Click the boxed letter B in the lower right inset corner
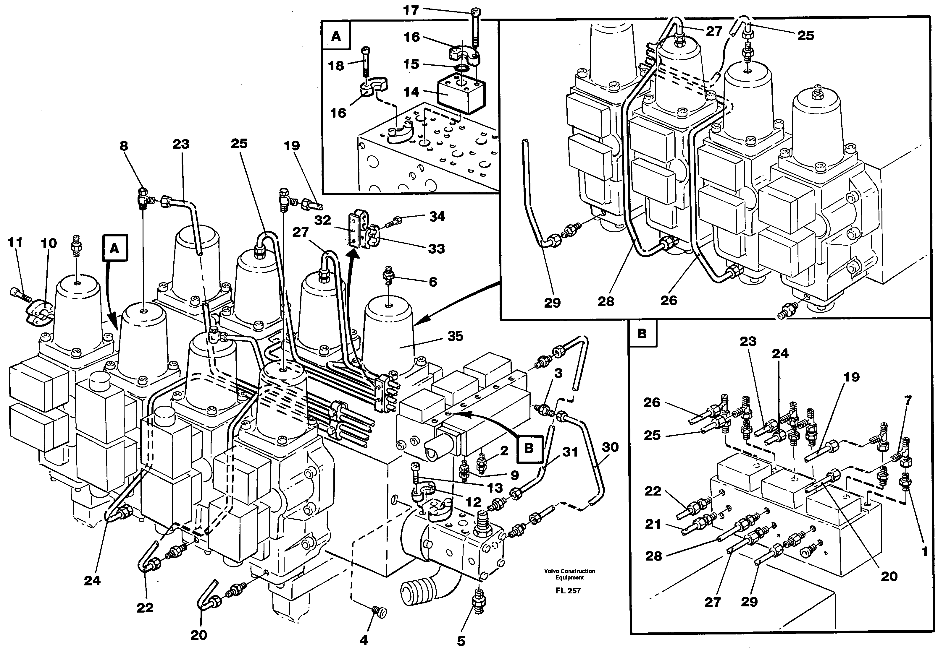(642, 333)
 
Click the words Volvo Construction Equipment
(569, 574)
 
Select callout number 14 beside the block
(411, 92)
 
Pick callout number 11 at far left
(15, 242)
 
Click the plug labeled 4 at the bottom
(380, 611)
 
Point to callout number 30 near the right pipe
(610, 447)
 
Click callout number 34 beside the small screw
(437, 217)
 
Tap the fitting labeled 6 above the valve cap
(388, 276)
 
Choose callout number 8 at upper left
(124, 146)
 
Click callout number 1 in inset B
(924, 551)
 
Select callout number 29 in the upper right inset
(552, 303)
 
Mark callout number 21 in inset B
(653, 523)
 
